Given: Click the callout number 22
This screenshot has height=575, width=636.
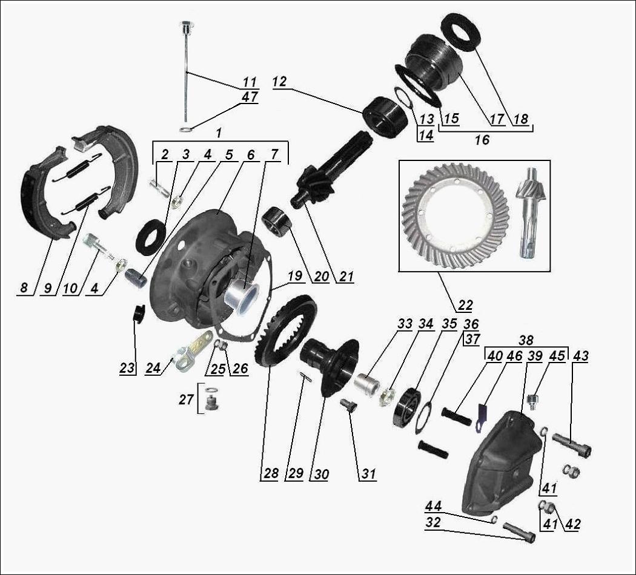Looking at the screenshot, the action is pyautogui.click(x=465, y=305).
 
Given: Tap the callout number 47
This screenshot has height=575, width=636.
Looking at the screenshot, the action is pyautogui.click(x=250, y=97).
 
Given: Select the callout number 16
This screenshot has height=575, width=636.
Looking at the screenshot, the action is pyautogui.click(x=482, y=140).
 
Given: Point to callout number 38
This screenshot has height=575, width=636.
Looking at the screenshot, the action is pyautogui.click(x=526, y=340).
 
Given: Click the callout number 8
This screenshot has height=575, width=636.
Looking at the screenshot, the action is pyautogui.click(x=24, y=287).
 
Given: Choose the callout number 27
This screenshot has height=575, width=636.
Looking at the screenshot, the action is pyautogui.click(x=186, y=399).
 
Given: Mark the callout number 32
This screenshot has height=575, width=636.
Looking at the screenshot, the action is pyautogui.click(x=433, y=522).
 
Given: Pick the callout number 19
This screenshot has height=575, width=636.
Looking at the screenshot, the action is pyautogui.click(x=295, y=276).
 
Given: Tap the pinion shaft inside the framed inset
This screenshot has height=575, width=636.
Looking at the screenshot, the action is pyautogui.click(x=528, y=213).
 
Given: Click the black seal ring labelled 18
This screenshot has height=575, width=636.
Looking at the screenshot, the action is pyautogui.click(x=461, y=32).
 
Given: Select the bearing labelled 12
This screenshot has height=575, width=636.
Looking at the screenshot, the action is pyautogui.click(x=385, y=116).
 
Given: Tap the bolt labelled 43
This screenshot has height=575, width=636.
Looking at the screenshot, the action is pyautogui.click(x=571, y=444).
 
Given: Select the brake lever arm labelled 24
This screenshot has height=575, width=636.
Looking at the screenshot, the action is pyautogui.click(x=193, y=349).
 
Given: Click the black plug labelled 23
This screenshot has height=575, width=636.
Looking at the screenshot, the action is pyautogui.click(x=139, y=312).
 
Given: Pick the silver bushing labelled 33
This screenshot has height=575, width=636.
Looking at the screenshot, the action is pyautogui.click(x=367, y=383).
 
